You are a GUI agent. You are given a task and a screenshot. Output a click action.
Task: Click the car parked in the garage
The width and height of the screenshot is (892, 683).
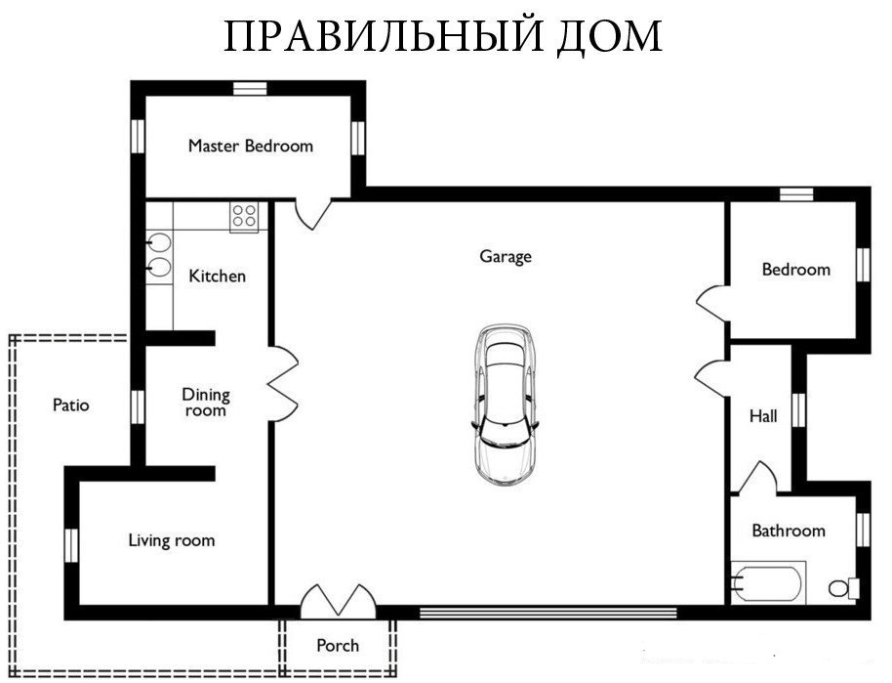coord(504,406)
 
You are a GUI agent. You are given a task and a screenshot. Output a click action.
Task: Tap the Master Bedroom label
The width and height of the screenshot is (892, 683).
coord(250,146)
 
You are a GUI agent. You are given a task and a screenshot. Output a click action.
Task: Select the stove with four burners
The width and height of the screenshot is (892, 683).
coord(244,217)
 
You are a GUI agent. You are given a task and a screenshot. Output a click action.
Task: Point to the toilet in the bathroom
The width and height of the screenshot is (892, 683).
coord(843,588)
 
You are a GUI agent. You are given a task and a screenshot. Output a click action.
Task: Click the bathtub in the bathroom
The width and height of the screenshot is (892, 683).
coord(768,582)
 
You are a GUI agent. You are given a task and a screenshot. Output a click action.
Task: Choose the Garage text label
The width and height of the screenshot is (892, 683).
coord(506,257)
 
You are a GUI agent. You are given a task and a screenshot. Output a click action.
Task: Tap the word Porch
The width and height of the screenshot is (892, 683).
coord(338,646)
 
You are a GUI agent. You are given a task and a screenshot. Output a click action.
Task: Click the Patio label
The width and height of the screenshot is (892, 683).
coord(71,406)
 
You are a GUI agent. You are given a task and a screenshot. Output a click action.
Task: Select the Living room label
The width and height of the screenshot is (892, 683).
coord(172,540)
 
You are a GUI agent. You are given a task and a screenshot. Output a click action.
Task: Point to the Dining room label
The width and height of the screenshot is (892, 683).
coord(206,403)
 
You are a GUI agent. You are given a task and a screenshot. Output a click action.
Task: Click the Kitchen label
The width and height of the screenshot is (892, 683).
coord(218,277)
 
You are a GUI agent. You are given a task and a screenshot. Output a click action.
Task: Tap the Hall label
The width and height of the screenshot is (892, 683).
coord(763,416)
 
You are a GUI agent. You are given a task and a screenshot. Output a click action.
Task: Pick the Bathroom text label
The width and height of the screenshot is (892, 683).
coord(789,531)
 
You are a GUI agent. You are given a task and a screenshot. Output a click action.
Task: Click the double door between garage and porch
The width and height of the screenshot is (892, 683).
coord(338,602)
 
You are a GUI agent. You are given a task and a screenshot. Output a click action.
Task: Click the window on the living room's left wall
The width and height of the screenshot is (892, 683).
coord(71,545)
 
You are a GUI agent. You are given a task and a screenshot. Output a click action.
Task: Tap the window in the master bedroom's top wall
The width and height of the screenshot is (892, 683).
coord(250,88)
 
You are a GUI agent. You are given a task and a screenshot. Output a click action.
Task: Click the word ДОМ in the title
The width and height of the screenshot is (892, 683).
coord(609,37)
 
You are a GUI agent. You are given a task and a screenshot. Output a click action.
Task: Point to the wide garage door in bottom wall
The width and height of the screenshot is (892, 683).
coord(547,613)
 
